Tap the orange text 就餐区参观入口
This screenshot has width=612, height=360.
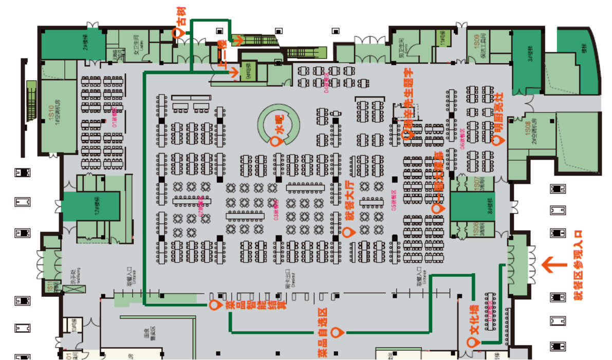tap(580, 265)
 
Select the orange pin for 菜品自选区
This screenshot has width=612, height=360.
tap(337, 332)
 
